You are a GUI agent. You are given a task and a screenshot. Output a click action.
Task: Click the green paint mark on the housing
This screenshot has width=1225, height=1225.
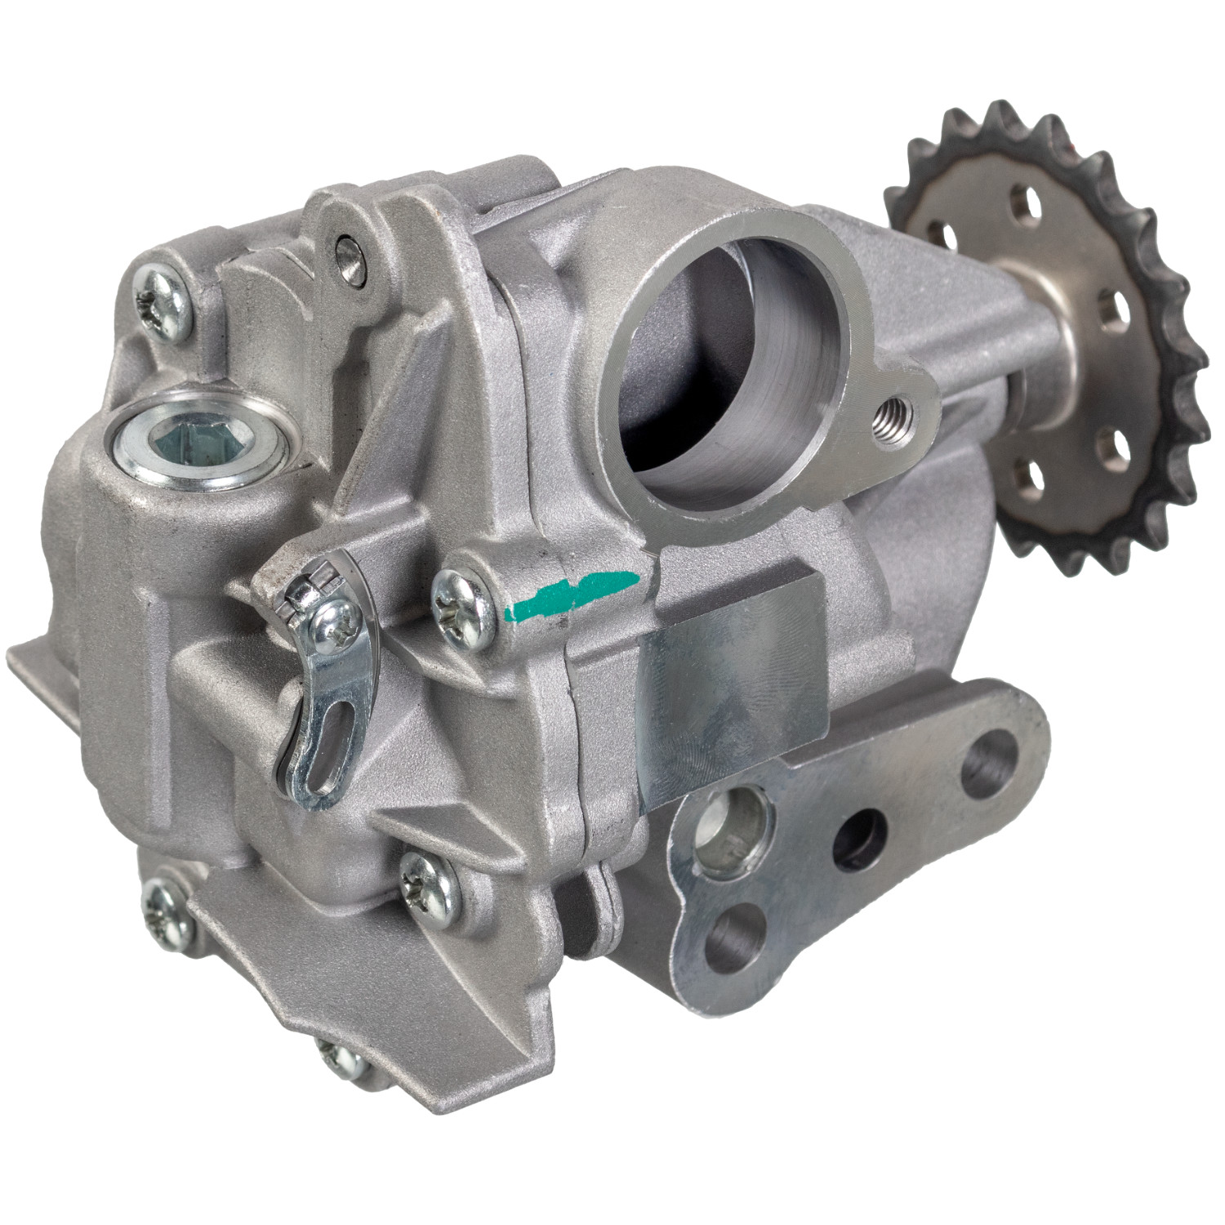pos(572,593)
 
